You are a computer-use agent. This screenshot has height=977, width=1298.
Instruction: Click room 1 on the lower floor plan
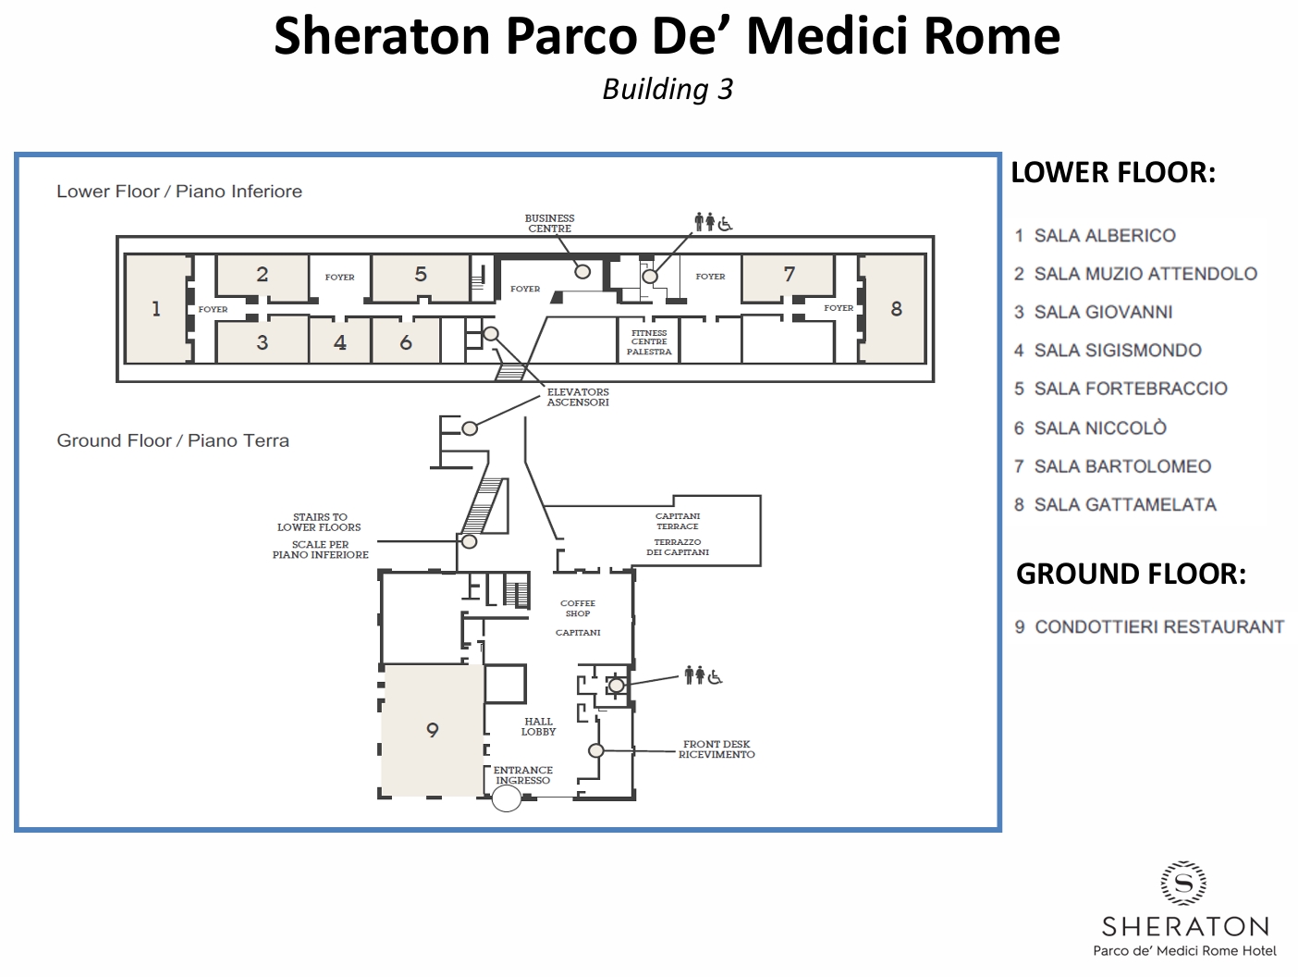click(156, 308)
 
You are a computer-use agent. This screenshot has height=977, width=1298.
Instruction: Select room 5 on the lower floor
click(421, 275)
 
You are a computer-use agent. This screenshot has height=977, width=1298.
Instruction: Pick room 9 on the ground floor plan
click(433, 730)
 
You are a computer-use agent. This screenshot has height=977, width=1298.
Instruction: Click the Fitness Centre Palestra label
click(649, 342)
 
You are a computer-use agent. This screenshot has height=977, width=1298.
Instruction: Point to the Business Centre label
click(549, 223)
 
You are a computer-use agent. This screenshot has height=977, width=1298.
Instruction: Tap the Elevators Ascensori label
click(578, 397)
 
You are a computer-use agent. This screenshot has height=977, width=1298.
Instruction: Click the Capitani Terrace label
click(678, 521)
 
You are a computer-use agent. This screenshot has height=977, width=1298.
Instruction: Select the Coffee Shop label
click(578, 609)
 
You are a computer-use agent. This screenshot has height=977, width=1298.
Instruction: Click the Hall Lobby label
click(538, 726)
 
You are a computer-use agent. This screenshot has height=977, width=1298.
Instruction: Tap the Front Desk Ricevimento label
click(716, 749)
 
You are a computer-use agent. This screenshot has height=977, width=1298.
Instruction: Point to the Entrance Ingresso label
click(522, 775)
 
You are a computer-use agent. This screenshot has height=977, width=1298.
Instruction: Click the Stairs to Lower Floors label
click(319, 522)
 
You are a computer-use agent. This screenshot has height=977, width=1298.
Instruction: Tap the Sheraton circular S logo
click(1183, 884)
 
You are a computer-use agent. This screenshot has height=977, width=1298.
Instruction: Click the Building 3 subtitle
click(667, 90)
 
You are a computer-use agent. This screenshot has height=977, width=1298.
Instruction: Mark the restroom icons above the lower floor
click(713, 222)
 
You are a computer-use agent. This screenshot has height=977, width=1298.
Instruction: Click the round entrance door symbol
click(507, 798)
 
